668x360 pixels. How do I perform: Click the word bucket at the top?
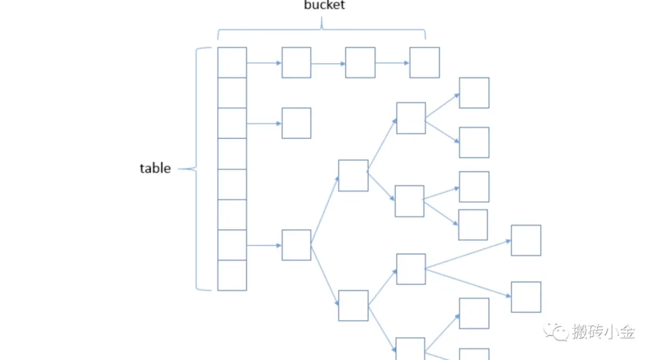click(x=325, y=6)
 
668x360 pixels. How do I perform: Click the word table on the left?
click(x=155, y=168)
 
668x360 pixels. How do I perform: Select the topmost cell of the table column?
click(x=232, y=62)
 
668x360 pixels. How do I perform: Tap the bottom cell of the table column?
click(x=232, y=275)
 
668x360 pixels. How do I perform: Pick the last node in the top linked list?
click(x=425, y=62)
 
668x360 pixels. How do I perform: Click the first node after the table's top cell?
click(x=296, y=62)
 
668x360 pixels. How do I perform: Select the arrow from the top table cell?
click(x=264, y=63)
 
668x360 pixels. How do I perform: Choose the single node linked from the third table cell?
click(x=296, y=123)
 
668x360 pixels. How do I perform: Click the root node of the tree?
click(x=296, y=245)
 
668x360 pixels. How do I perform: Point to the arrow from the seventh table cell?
click(x=264, y=245)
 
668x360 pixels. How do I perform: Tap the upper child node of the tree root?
click(x=353, y=176)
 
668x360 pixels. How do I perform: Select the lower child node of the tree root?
click(x=353, y=305)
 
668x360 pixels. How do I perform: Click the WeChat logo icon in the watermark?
click(x=555, y=332)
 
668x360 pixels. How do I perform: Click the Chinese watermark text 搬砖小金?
click(x=603, y=332)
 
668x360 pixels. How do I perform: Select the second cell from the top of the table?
click(x=232, y=93)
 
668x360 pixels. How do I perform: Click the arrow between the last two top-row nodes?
click(x=392, y=63)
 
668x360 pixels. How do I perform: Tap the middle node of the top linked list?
click(x=360, y=62)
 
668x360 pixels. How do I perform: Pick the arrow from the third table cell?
click(x=264, y=124)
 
